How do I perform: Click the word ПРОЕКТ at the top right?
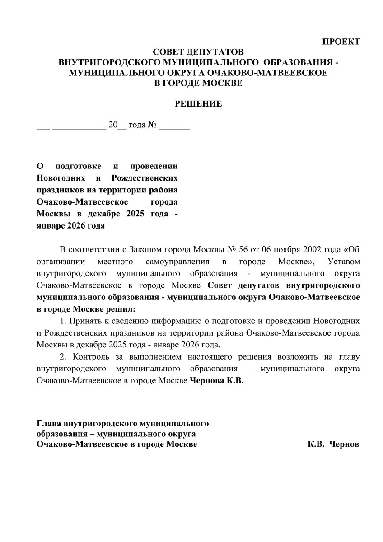coord(341,42)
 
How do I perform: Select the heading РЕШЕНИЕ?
coord(198,104)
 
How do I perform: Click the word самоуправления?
coord(177,262)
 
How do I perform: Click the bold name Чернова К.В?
coord(216,380)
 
